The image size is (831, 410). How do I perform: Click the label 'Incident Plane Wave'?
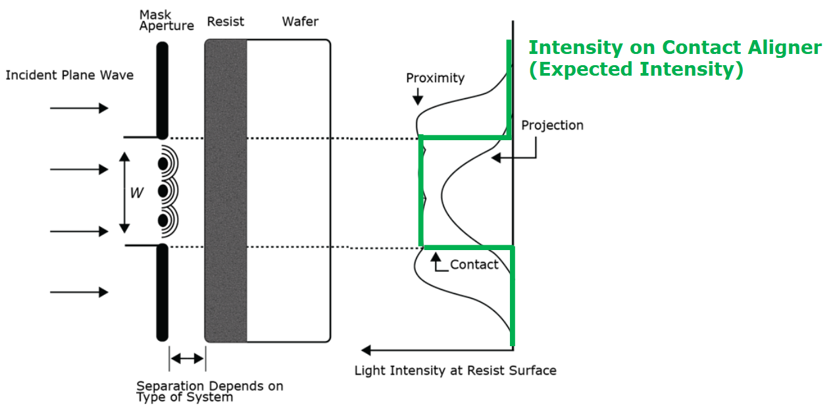[x=69, y=75]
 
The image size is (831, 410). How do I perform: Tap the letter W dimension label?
[x=136, y=193]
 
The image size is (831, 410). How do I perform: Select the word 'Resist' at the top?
[x=225, y=22]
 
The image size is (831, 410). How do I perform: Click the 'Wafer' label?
[x=300, y=22]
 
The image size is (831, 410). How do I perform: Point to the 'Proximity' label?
[x=435, y=78]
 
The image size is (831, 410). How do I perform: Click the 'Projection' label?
[x=552, y=125]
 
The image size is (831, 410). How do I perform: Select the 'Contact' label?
[x=474, y=265]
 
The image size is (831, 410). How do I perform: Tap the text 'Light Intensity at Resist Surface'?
[x=455, y=371]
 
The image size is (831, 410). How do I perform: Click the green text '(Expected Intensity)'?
[x=636, y=69]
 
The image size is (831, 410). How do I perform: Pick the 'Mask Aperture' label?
[x=166, y=20]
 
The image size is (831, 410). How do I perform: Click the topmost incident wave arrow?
[x=79, y=108]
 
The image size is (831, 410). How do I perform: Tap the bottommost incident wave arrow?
[x=79, y=292]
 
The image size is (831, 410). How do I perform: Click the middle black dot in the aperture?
[x=163, y=192]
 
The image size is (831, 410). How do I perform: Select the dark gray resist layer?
[x=226, y=191]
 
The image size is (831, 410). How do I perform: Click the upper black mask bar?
[x=162, y=90]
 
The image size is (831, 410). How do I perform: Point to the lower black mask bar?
[x=162, y=293]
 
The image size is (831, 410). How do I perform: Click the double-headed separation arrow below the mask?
[x=187, y=359]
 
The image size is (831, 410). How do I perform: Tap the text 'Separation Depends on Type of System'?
[x=209, y=392]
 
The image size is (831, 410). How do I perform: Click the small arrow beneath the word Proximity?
[x=416, y=98]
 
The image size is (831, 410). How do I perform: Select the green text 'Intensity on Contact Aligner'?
[x=675, y=47]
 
